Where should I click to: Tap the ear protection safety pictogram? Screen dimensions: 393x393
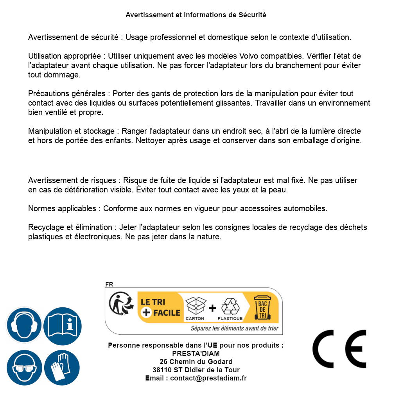(x=24, y=325)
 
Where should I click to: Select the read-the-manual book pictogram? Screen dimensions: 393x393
(x=63, y=325)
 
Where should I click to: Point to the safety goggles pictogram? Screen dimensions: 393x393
(x=24, y=367)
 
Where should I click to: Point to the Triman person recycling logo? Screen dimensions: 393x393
(x=119, y=305)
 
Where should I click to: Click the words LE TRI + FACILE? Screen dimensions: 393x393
(x=160, y=307)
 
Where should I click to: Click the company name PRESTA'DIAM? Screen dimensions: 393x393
(x=196, y=354)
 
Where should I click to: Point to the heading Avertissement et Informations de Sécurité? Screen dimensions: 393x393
(x=196, y=15)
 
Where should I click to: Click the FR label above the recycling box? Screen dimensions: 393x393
(x=109, y=284)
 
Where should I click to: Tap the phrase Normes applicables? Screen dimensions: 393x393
(x=62, y=208)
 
